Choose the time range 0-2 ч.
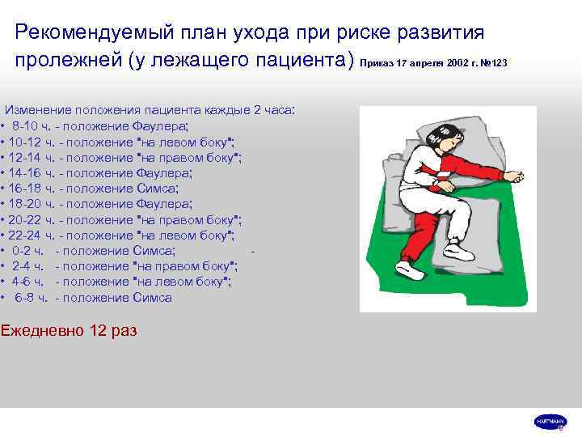point(32,251)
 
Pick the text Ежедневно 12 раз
point(69,330)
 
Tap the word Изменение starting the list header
point(39,110)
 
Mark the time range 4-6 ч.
point(32,282)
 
